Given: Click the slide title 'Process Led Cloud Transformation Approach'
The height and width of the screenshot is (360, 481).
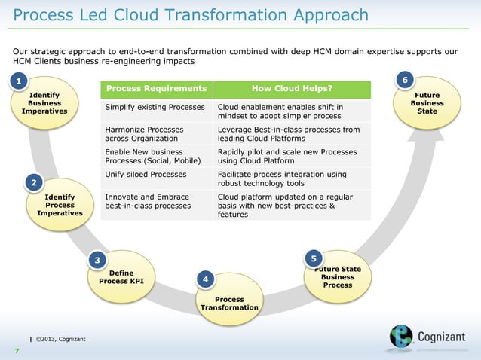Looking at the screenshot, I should (191, 16).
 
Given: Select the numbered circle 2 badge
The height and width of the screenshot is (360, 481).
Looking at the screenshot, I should (33, 183).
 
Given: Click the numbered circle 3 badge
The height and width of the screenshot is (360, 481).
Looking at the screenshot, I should (97, 261).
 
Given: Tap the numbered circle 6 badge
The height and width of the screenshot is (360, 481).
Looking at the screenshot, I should (406, 81).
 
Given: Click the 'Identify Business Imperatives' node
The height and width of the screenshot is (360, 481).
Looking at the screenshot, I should (44, 103).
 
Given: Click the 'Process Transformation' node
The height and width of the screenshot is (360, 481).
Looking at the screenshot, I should (228, 304).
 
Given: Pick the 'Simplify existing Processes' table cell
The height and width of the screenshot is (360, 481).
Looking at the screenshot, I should (155, 108).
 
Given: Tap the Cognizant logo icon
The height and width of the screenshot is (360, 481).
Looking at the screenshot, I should (401, 337).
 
